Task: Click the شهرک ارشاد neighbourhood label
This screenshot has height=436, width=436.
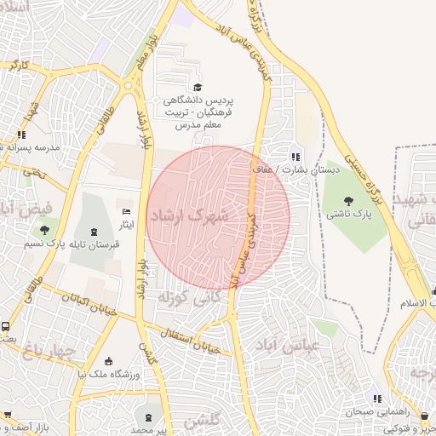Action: click(x=188, y=217)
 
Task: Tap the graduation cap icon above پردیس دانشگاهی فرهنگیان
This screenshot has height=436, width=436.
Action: click(x=198, y=87)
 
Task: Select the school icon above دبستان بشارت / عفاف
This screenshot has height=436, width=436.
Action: click(x=295, y=156)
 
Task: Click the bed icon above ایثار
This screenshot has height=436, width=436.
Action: click(x=127, y=211)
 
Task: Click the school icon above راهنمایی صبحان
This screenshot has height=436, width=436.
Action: click(x=376, y=398)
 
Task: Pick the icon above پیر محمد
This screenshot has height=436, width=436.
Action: click(x=152, y=416)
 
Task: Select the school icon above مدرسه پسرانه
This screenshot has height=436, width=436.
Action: click(x=22, y=134)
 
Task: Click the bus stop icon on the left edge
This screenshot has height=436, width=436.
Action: click(x=6, y=326)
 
